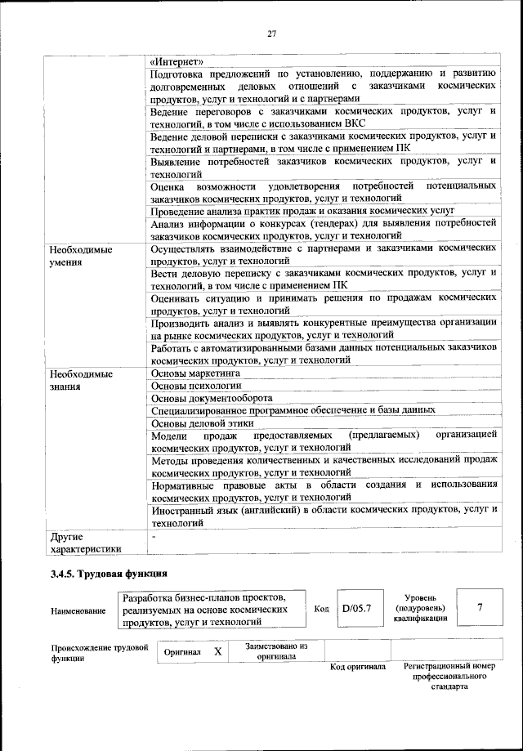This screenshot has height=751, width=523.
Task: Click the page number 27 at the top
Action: pos(273,34)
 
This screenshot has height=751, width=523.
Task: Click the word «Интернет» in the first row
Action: pos(178,61)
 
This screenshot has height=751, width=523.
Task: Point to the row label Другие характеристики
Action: pos(86,543)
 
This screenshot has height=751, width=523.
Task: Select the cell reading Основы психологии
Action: pos(197,386)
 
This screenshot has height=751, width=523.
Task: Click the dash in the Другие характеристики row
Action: pos(154,538)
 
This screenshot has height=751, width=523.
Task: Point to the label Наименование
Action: pos(78,610)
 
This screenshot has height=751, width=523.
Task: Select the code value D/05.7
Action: pos(357,609)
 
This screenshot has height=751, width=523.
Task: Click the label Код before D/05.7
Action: pos(321,610)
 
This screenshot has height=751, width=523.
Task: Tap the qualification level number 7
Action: pos(479,607)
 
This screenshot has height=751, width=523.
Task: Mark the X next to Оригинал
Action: pos(217,651)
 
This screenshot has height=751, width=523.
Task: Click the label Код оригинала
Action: pos(357,668)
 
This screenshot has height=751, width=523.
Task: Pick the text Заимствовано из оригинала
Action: pos(276,651)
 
